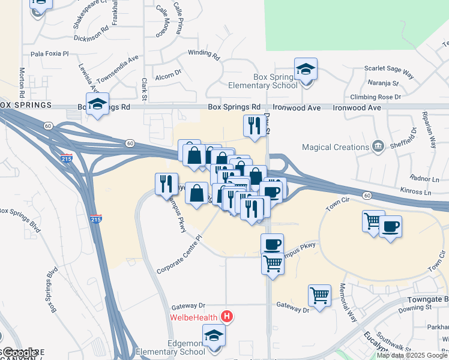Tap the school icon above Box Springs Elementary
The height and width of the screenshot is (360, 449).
click(306, 70)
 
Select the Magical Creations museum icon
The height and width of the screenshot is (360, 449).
click(378, 146)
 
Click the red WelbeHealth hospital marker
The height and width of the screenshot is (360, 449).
click(227, 316)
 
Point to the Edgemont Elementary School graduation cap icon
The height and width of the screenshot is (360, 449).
click(213, 337)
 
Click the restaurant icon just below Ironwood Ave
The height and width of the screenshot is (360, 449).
click(254, 126)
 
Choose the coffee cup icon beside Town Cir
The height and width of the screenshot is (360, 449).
click(390, 227)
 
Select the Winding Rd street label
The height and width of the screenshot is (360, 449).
click(204, 53)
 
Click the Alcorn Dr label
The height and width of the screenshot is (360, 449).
click(168, 75)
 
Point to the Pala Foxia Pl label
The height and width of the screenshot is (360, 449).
click(50, 53)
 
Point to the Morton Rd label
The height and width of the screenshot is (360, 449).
click(21, 83)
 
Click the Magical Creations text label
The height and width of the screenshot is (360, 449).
click(335, 147)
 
